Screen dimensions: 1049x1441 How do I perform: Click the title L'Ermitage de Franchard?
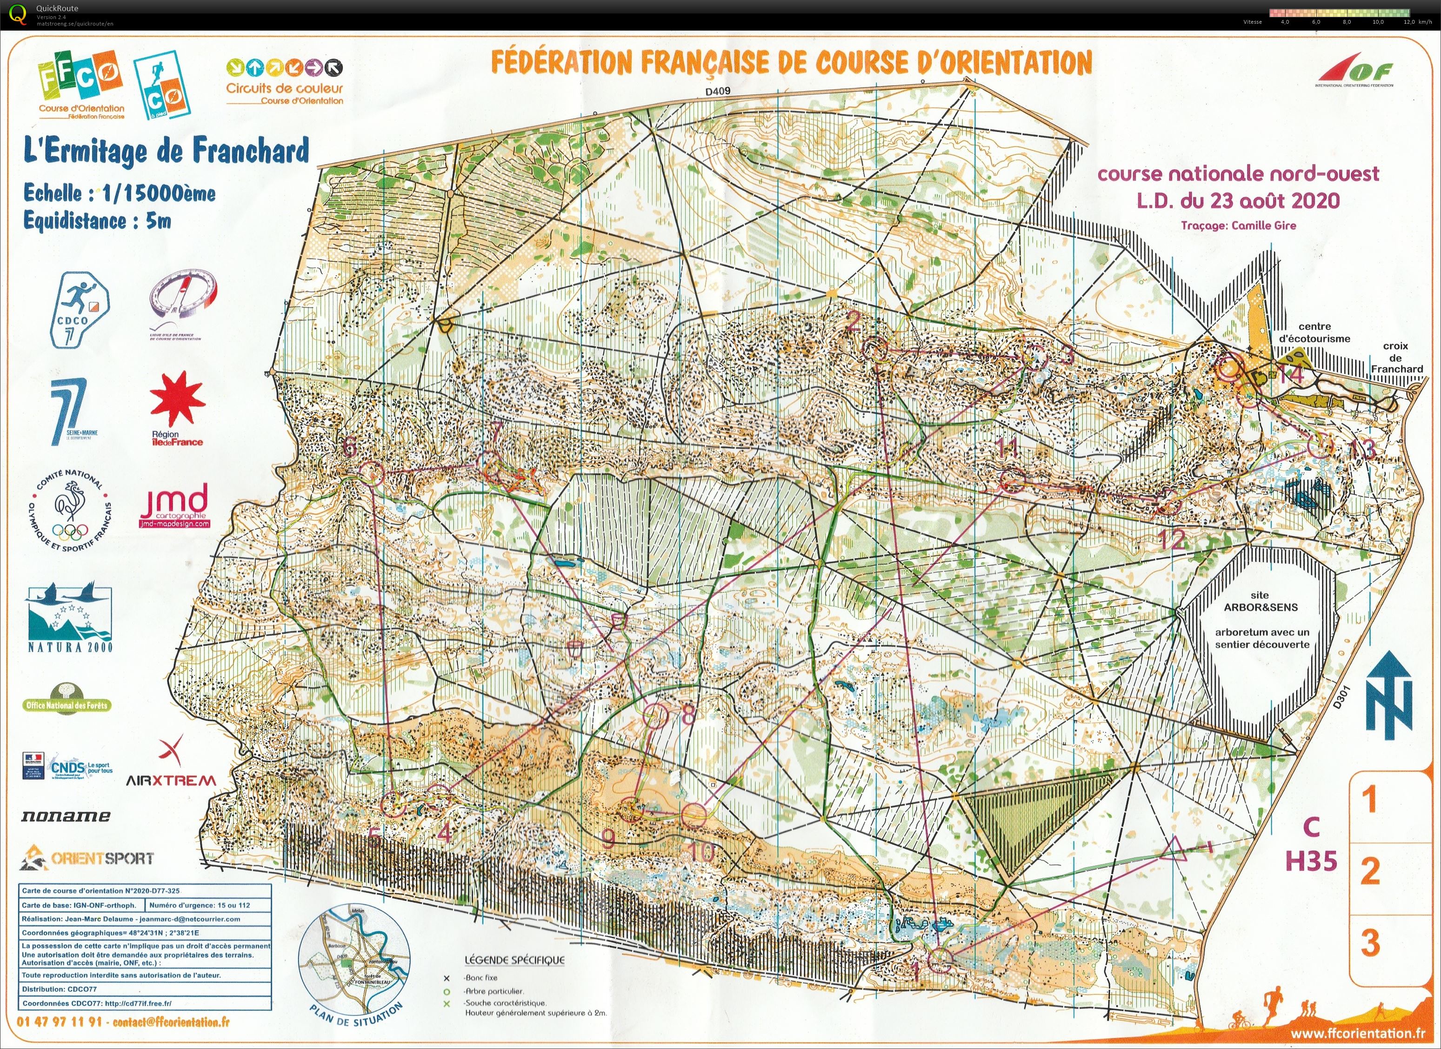pos(167,151)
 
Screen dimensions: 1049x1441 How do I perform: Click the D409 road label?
pos(718,91)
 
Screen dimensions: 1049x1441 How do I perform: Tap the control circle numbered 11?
pos(1011,479)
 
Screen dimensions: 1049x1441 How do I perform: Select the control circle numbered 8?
pos(656,716)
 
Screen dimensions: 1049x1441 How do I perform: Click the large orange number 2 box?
pos(1370,870)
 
